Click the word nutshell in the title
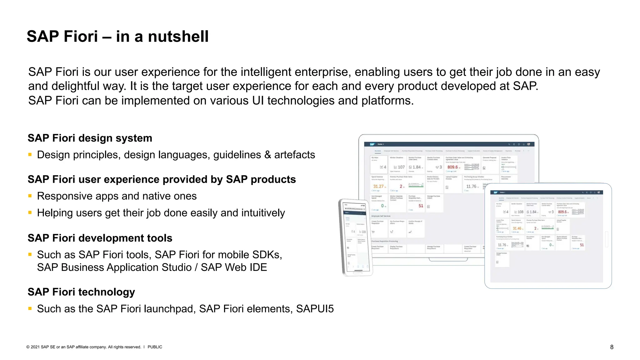(x=178, y=36)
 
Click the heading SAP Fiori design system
(x=90, y=138)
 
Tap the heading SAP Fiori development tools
(x=100, y=238)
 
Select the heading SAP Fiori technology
(x=81, y=292)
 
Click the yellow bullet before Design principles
(x=30, y=154)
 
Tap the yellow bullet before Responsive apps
(x=30, y=196)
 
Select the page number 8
(x=612, y=347)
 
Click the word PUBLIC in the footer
(x=155, y=347)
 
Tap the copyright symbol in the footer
(x=28, y=347)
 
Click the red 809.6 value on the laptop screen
(x=452, y=167)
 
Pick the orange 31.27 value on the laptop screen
(x=378, y=186)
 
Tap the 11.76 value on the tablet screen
(x=502, y=245)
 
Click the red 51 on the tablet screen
(x=582, y=245)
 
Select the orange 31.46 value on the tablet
(x=517, y=228)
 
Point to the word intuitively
(x=262, y=213)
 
